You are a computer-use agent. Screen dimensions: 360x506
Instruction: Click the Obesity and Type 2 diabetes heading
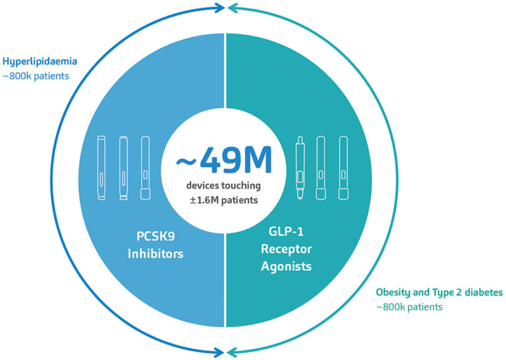(439, 291)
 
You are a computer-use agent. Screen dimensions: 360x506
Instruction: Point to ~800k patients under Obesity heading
(409, 307)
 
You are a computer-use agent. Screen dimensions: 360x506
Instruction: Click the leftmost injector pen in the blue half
(103, 167)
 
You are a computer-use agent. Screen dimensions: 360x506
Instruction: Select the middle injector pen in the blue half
(123, 167)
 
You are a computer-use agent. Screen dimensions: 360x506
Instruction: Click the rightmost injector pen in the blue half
(146, 167)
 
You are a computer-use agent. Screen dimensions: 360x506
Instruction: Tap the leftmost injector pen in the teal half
(300, 167)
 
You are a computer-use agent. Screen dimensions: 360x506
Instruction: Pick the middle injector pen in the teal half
(321, 167)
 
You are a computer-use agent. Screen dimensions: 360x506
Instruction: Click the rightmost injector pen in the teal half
(343, 167)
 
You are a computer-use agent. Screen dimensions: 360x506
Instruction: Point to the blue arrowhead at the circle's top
(219, 9)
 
